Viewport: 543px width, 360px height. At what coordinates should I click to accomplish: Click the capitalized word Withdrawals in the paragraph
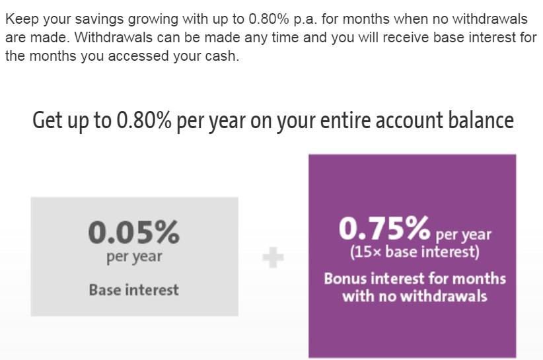[x=106, y=37]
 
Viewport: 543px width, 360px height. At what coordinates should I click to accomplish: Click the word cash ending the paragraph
[x=221, y=56]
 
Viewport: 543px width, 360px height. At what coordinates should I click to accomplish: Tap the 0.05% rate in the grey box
[x=133, y=232]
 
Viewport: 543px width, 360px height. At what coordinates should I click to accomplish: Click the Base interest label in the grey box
[x=133, y=289]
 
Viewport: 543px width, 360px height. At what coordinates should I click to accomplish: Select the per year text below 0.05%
[x=133, y=256]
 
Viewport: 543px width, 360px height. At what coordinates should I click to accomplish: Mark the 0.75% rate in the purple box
[x=384, y=229]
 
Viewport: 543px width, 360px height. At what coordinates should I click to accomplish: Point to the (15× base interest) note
[x=414, y=252]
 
